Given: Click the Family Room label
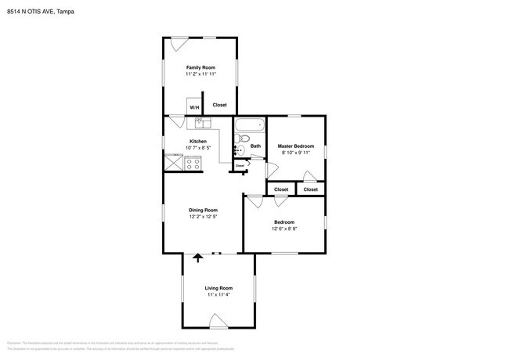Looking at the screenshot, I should click(200, 67).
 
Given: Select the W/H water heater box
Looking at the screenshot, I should click(193, 106).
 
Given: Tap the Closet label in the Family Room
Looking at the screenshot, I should click(220, 105).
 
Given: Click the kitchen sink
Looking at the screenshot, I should click(199, 122).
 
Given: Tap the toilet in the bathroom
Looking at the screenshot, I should click(241, 149).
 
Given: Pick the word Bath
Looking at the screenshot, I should click(255, 146).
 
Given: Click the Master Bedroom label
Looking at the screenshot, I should click(296, 146).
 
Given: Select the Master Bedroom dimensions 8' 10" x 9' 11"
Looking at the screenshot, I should click(296, 153).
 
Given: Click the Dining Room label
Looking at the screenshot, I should click(203, 210).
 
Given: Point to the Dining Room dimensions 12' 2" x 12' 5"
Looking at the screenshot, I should click(203, 216).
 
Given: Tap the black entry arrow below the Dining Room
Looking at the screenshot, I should click(197, 257).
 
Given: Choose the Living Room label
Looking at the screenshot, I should click(218, 288).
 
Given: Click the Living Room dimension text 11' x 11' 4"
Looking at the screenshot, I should click(218, 294).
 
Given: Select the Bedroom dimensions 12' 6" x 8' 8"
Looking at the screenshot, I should click(284, 229).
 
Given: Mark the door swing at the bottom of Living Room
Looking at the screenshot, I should click(218, 319).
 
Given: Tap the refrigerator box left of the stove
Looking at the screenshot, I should click(172, 161).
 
